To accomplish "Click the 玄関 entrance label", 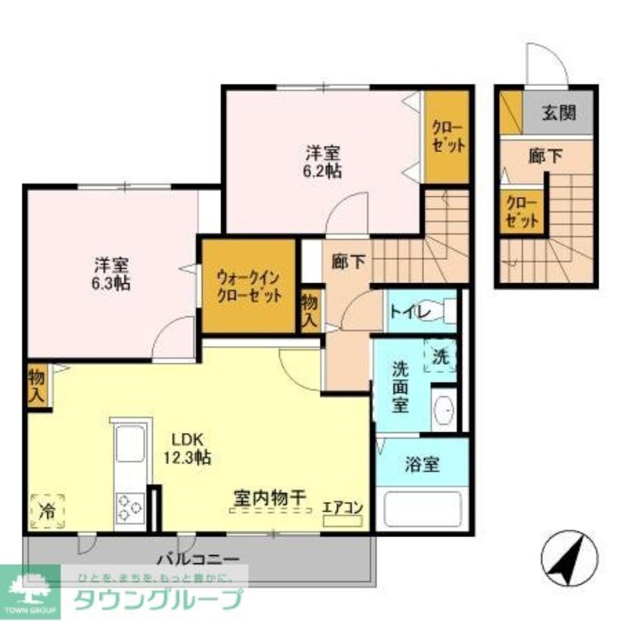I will click(x=558, y=112).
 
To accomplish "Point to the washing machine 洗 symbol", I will click(x=440, y=357).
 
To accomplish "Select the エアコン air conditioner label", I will click(x=342, y=507).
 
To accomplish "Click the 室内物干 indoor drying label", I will click(x=270, y=497).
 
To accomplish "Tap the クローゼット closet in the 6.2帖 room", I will click(x=447, y=136).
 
